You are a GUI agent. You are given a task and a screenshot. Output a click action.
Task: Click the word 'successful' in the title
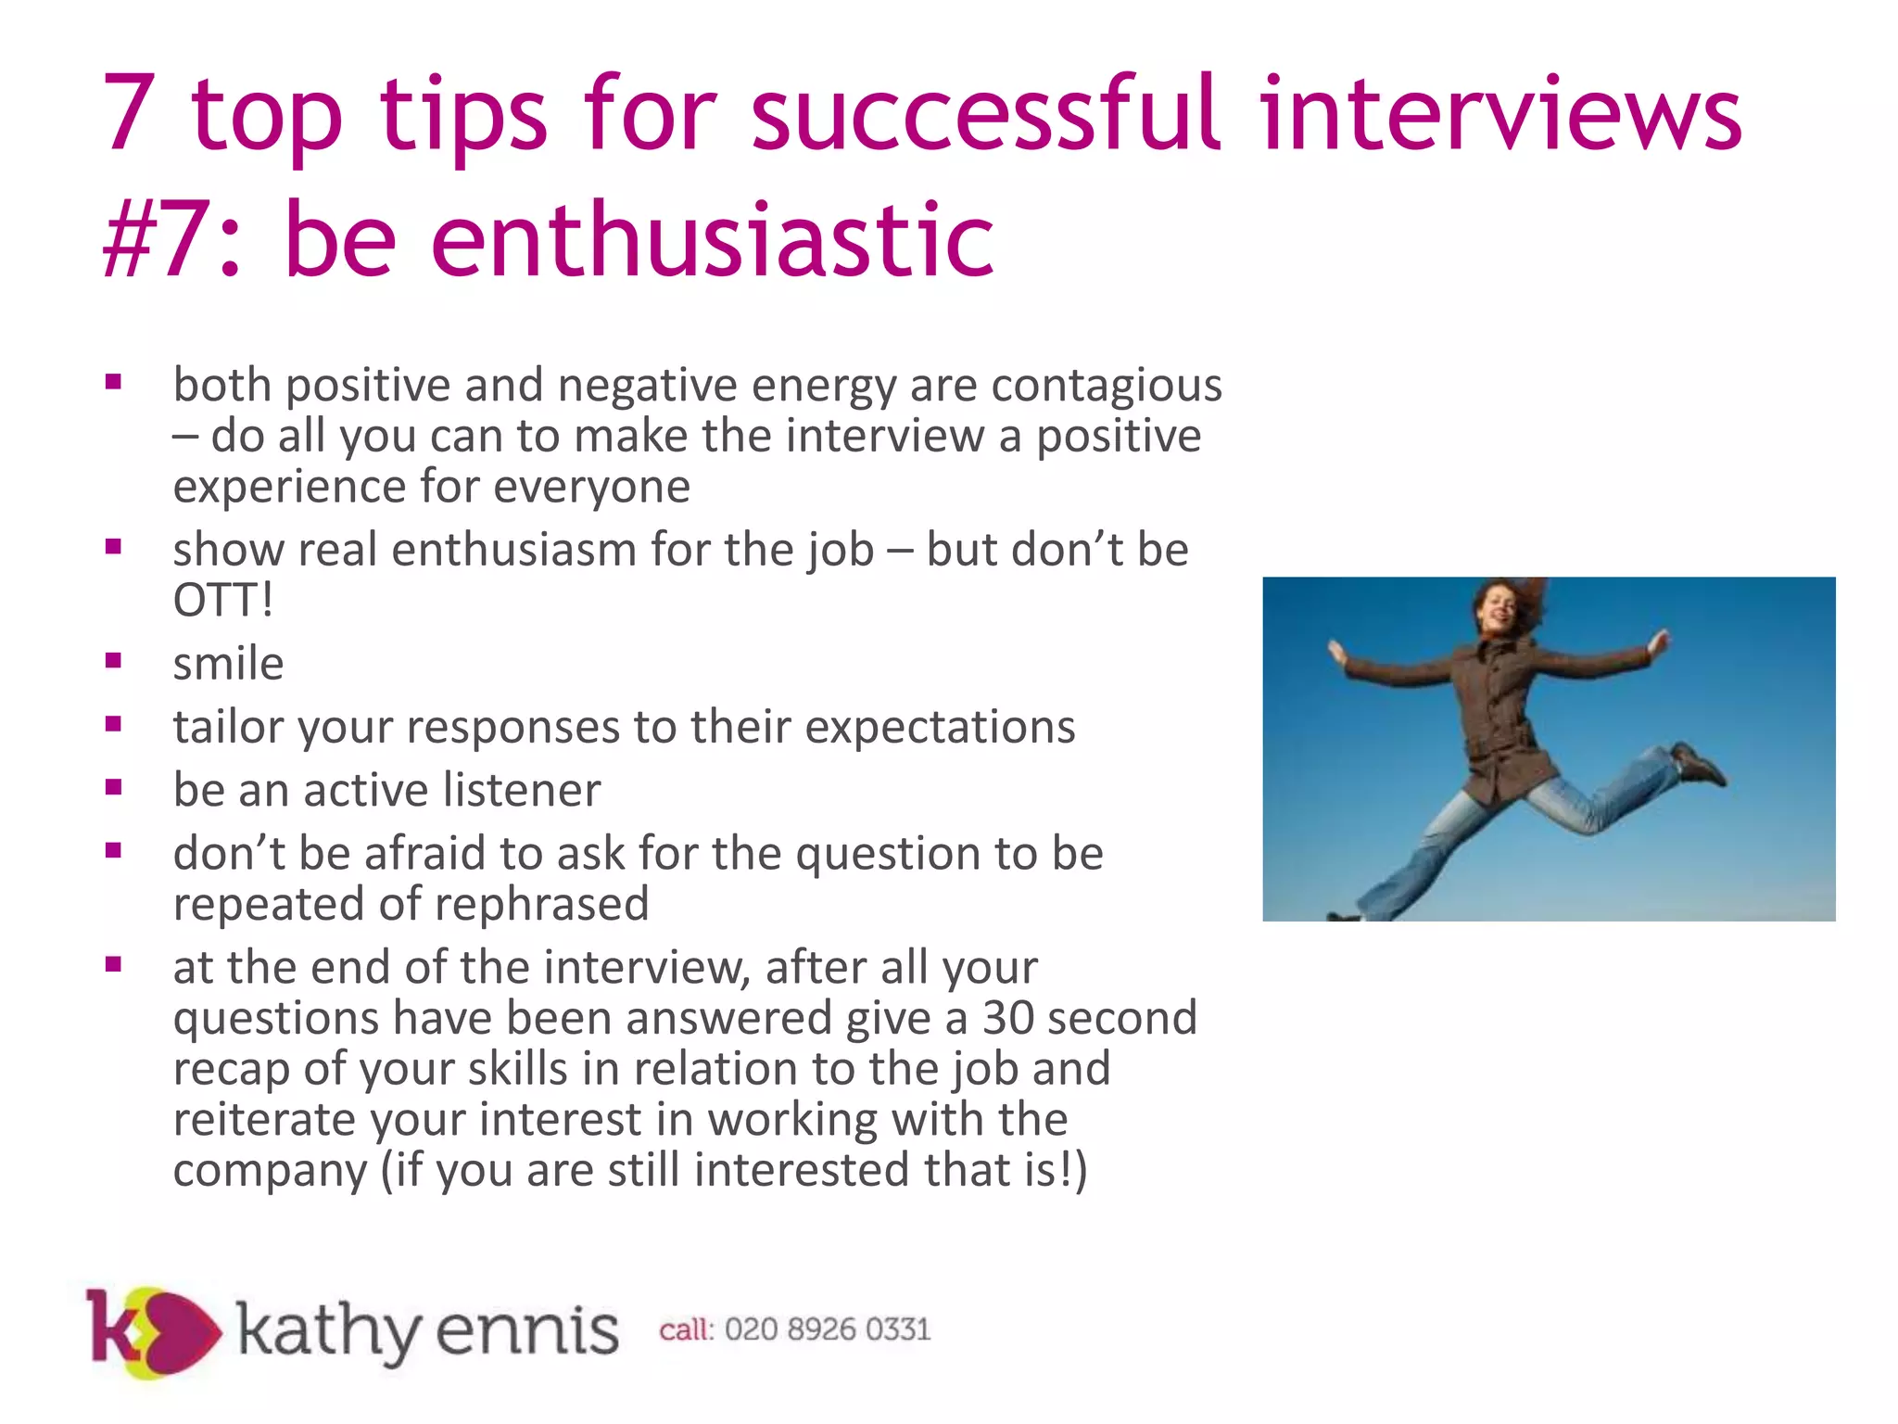pos(985,115)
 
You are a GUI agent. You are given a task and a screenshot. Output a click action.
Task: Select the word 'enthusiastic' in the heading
pos(712,241)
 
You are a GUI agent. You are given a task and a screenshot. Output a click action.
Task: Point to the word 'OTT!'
pos(223,600)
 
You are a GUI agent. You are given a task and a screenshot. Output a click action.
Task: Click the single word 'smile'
pos(228,664)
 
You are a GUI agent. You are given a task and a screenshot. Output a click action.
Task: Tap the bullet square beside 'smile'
pos(114,661)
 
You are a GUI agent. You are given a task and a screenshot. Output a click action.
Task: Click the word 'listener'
pos(522,790)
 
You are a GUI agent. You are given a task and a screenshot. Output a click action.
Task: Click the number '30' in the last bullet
pos(1008,1018)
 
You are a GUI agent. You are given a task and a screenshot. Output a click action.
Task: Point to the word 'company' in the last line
pos(270,1171)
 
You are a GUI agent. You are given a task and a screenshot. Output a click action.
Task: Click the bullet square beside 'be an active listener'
pos(114,788)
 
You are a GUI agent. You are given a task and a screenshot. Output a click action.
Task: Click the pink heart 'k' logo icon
pos(153,1331)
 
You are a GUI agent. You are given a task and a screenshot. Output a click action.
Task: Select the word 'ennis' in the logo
pos(526,1331)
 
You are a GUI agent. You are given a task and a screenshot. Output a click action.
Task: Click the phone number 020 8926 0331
pos(828,1330)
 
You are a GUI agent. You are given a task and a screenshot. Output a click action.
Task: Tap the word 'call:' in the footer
pos(686,1330)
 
